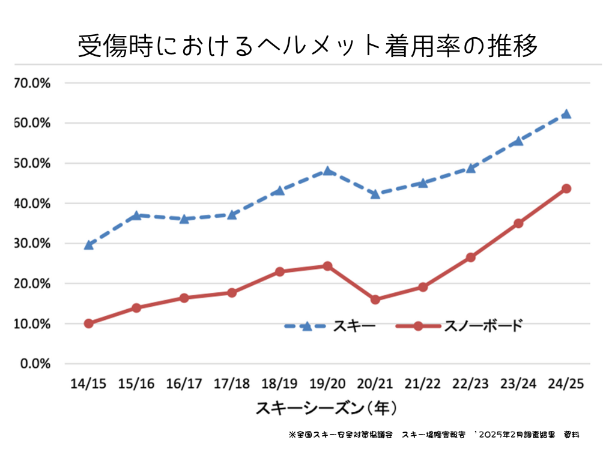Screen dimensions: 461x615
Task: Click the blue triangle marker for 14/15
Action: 89,245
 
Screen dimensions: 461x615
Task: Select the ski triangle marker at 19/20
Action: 327,171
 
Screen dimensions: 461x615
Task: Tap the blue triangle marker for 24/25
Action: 566,114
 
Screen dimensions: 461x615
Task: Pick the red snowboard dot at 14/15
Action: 89,324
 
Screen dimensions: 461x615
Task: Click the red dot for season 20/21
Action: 375,300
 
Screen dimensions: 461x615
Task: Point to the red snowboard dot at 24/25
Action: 566,188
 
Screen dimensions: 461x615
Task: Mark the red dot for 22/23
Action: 470,258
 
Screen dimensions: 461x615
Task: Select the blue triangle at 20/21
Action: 375,194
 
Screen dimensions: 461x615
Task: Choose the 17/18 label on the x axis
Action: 232,384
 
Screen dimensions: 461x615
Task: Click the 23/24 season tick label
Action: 518,384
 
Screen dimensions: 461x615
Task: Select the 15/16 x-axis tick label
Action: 136,384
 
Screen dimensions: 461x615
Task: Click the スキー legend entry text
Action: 359,326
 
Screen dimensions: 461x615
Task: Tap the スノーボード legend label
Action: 483,326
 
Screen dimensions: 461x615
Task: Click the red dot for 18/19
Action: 279,272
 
